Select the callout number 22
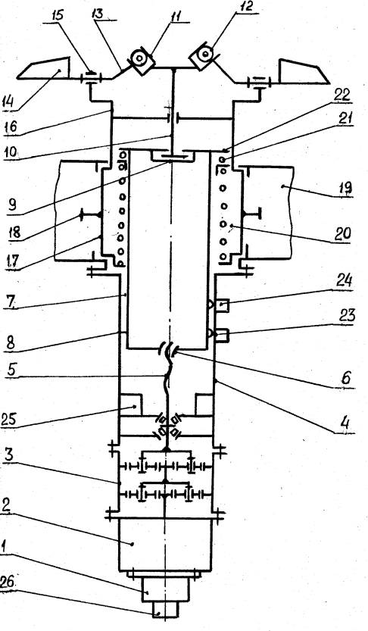(342, 95)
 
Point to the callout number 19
(345, 189)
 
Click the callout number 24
(344, 280)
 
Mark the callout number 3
(9, 455)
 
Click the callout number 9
(11, 205)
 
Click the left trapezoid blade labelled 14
(44, 69)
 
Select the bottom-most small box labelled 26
(165, 610)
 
